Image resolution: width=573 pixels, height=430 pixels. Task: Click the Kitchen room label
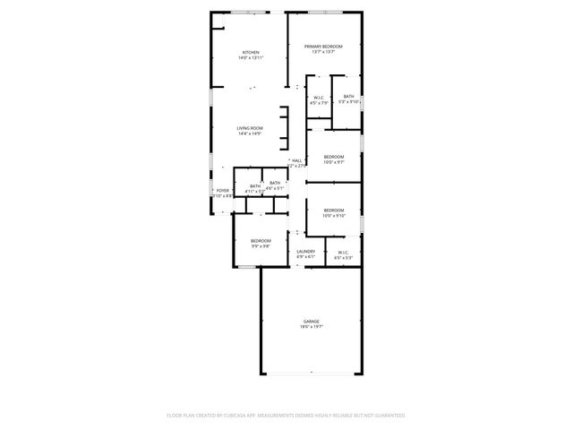tap(251, 53)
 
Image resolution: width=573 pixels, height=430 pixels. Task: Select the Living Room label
tap(250, 128)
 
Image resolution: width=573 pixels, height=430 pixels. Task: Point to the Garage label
tap(311, 322)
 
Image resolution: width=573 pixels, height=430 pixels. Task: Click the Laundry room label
tap(305, 252)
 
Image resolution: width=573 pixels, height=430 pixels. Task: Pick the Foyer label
tap(223, 190)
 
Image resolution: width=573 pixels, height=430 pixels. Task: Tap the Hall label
tap(296, 160)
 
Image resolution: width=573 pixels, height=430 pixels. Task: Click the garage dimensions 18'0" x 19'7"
tap(311, 327)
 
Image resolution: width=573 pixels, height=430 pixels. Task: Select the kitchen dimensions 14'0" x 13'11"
tap(251, 58)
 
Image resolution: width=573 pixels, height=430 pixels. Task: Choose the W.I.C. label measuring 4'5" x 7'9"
tap(318, 97)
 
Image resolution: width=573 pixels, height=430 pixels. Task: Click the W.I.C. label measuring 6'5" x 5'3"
tap(344, 252)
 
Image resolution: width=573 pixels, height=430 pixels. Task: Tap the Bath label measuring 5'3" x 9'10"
tap(348, 97)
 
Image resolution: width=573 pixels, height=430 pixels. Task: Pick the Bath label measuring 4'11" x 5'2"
tap(243, 186)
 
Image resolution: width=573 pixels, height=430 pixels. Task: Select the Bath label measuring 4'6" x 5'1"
tap(275, 184)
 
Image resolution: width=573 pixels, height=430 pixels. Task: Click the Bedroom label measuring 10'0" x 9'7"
tap(334, 157)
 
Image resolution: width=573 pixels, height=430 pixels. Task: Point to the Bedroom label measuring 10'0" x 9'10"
tap(334, 211)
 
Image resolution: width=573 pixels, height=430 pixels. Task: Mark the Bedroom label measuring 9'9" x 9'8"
tap(261, 240)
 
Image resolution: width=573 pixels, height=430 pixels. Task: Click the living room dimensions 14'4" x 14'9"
tap(250, 133)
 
